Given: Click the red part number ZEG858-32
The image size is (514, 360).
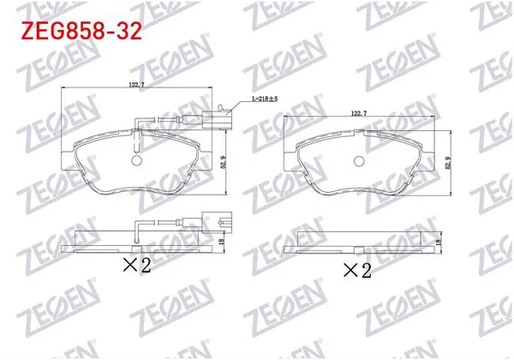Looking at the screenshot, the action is click(x=81, y=31).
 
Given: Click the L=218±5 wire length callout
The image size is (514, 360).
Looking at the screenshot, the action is click(x=265, y=99).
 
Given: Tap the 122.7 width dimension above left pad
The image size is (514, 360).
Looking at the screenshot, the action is click(x=137, y=84).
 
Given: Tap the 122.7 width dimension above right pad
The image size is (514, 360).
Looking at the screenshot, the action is click(x=359, y=113).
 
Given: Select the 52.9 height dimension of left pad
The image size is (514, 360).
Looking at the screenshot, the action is click(x=224, y=162).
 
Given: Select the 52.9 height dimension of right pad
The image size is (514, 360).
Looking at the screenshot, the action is click(x=448, y=163).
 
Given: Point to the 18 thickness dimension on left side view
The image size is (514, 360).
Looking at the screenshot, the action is click(x=221, y=242).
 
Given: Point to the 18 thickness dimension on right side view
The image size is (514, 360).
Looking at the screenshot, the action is click(x=439, y=242).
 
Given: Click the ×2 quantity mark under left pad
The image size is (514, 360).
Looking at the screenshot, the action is click(x=137, y=265).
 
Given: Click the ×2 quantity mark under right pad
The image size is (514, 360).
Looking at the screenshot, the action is click(x=357, y=271).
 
